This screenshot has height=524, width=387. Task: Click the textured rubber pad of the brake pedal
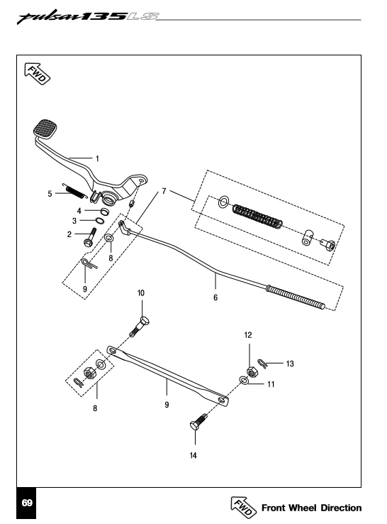tap(45, 129)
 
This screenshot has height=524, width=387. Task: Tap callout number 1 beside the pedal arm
tap(97, 158)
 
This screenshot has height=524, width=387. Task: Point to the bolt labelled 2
tap(91, 238)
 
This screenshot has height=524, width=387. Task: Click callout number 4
tap(79, 211)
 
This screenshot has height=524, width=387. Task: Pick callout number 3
tap(74, 221)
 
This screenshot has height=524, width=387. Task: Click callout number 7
tap(164, 191)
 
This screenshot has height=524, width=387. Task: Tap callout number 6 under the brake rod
tap(215, 297)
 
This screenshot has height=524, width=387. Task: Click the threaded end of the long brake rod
tap(296, 297)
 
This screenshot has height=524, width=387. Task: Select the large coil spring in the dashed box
tap(257, 217)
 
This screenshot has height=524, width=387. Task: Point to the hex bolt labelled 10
tap(140, 327)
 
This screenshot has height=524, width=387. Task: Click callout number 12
tap(248, 335)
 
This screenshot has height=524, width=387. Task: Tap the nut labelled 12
tap(251, 371)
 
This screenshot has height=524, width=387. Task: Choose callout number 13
tap(290, 364)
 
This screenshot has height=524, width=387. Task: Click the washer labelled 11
tap(244, 381)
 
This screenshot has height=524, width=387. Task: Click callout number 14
tap(193, 456)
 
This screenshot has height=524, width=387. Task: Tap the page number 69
tap(27, 503)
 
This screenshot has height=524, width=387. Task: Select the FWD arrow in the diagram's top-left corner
tap(37, 74)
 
